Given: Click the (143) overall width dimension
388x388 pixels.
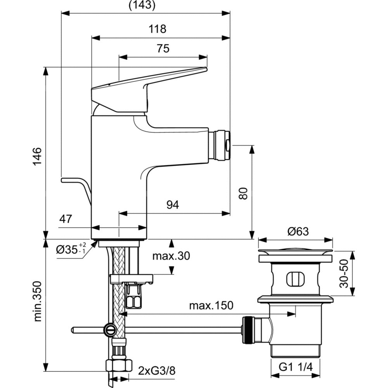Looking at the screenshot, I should (x=142, y=5).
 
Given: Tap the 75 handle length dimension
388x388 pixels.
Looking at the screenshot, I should (x=163, y=48).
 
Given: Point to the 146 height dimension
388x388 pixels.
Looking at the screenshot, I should (x=36, y=156).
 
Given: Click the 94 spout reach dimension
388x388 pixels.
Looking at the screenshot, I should (x=173, y=205).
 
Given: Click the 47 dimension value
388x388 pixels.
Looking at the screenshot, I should (x=66, y=219).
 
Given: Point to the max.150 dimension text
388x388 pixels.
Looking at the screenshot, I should (x=211, y=306).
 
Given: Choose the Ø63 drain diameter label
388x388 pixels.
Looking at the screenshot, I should (x=298, y=232).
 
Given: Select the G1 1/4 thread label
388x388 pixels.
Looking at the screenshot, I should (x=295, y=366).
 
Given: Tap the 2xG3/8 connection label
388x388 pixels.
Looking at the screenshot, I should (x=156, y=371).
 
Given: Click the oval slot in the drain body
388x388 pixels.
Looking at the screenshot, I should (x=295, y=279).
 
